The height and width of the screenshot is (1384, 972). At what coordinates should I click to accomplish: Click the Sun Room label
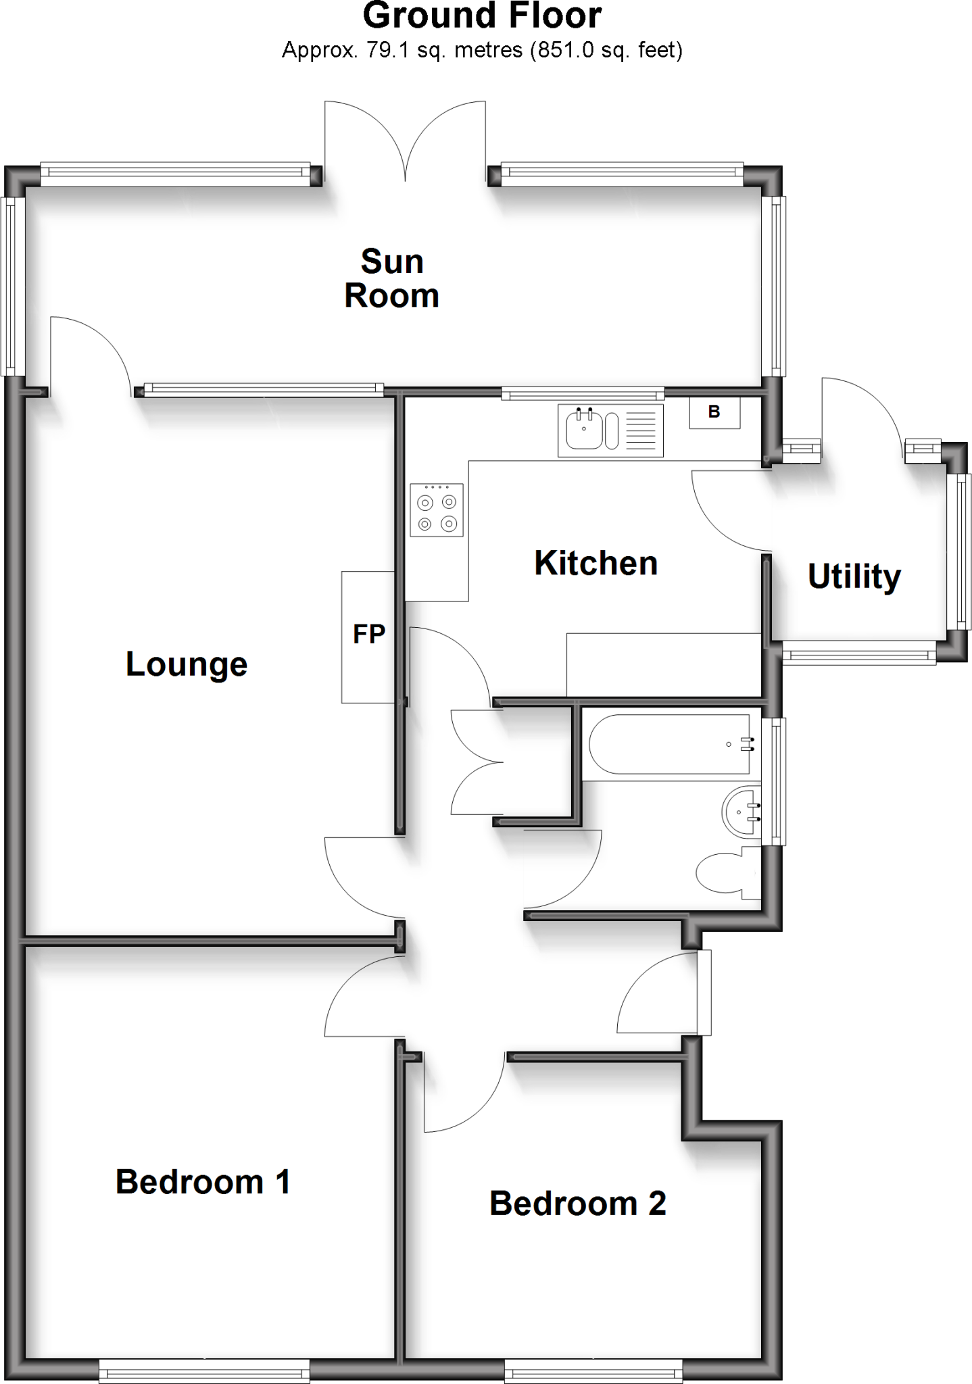tap(391, 278)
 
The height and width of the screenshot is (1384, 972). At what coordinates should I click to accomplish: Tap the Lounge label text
tap(187, 664)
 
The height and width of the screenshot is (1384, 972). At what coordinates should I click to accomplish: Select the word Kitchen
tap(596, 563)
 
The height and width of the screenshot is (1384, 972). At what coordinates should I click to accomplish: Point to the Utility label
tap(854, 576)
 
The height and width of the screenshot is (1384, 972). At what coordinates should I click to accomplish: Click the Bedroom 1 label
tap(203, 1182)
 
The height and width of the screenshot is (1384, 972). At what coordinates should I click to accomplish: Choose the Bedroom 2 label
tap(577, 1204)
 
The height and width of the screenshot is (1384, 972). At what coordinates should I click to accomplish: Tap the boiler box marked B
tap(714, 412)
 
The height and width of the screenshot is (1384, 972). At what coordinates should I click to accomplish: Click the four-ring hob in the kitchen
tap(436, 510)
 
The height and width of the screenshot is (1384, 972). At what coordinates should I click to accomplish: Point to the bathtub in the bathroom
tap(669, 744)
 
